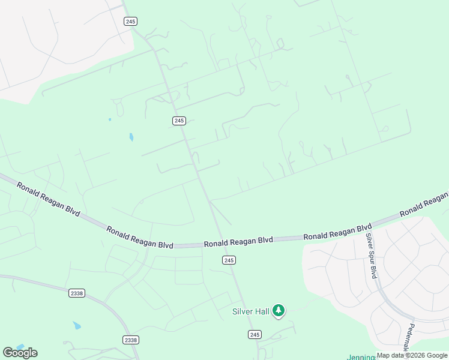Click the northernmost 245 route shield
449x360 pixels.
point(131,21)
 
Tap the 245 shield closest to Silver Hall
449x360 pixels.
point(255,334)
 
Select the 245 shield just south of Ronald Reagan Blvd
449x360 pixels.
point(228,260)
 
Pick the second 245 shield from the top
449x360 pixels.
point(179,121)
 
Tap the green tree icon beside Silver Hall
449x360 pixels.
point(278,310)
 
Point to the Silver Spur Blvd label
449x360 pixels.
point(372,255)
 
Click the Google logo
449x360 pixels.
point(20,352)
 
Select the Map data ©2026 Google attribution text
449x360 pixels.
point(412,355)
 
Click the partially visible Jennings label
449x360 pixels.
point(361,357)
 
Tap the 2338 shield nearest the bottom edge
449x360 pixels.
point(130,340)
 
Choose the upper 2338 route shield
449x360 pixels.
point(77,293)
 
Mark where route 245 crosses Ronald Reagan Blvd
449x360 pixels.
point(221,242)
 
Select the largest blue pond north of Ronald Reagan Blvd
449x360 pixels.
point(131,137)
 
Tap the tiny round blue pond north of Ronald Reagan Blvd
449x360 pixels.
point(110,119)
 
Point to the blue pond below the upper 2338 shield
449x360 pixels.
point(77,326)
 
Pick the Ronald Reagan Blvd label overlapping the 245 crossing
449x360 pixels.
point(238,242)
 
